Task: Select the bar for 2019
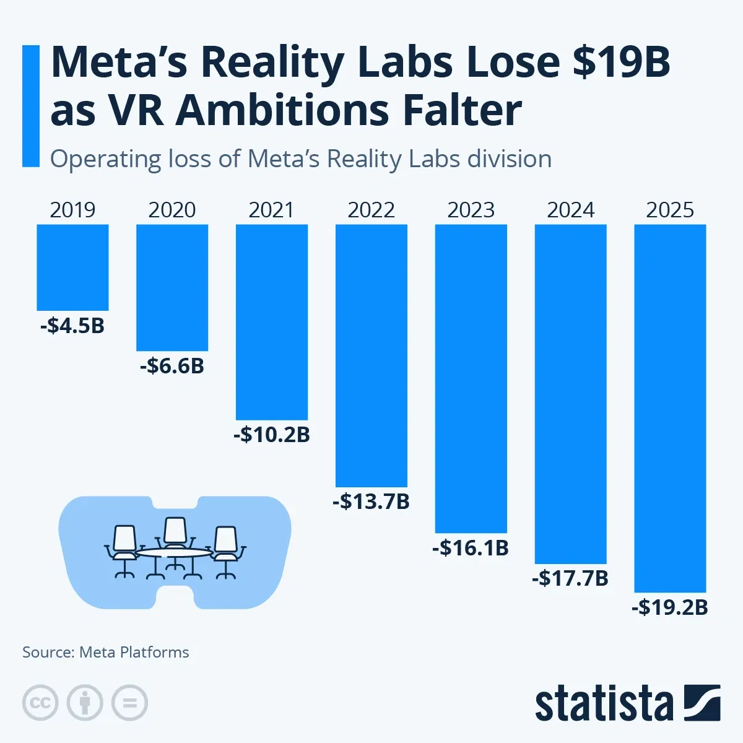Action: pos(72,267)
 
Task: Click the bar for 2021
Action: pos(272,322)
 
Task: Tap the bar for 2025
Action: pos(670,409)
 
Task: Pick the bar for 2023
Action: pos(471,378)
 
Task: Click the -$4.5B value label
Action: pos(72,325)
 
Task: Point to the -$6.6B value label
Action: pos(172,366)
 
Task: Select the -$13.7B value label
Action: pos(371,501)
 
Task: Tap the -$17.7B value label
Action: pos(570,578)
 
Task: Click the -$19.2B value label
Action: pos(670,607)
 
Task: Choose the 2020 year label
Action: pos(172,210)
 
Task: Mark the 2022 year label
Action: pos(371,210)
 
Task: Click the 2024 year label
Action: pos(570,210)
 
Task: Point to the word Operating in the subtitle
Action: pos(105,159)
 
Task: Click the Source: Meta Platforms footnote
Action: pos(106,652)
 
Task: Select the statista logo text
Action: pos(604,704)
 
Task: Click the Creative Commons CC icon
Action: pos(40,703)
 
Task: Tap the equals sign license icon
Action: pos(129,703)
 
